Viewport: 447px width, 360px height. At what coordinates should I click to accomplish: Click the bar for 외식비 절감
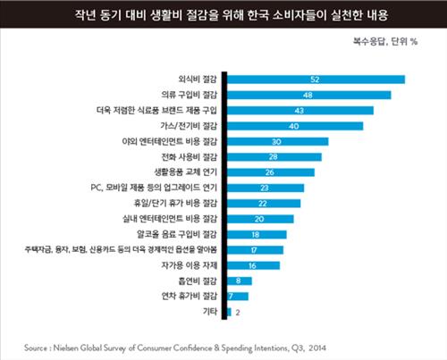(317, 80)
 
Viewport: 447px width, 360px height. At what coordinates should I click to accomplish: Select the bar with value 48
(310, 95)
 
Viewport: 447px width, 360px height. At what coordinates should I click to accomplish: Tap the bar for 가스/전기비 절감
(296, 126)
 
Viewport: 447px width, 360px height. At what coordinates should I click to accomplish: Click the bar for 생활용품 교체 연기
(272, 172)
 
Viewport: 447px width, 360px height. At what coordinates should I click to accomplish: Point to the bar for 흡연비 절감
(240, 280)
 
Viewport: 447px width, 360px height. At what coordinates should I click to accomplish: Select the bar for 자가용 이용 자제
(255, 264)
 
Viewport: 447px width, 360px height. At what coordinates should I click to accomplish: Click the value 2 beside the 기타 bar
(239, 312)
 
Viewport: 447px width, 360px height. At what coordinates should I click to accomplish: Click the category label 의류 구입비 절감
(190, 95)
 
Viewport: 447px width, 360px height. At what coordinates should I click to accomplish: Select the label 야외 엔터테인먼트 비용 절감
(173, 141)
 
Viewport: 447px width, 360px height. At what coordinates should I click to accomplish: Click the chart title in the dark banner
(223, 14)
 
